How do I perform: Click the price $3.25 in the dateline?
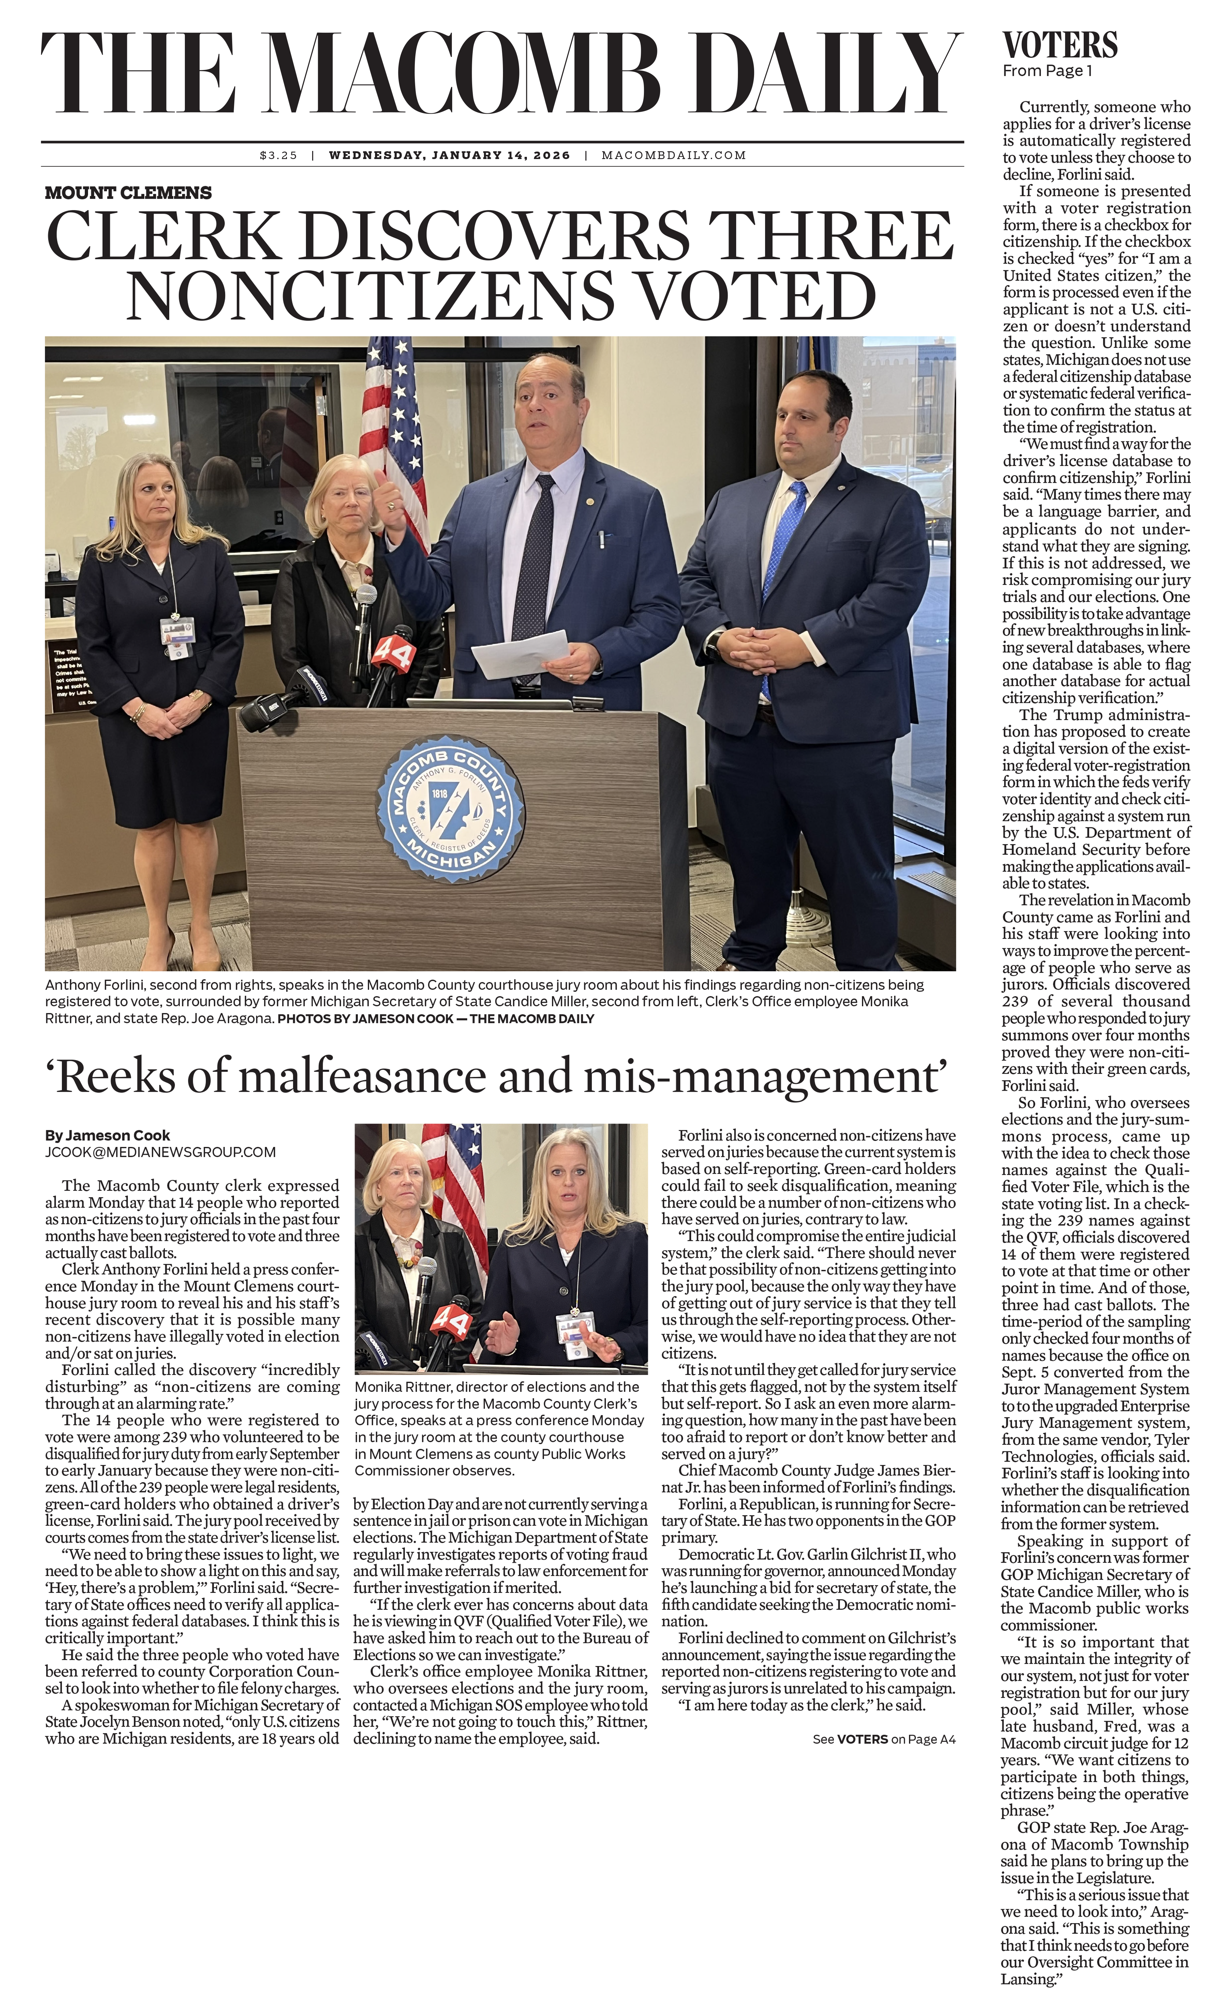point(278,155)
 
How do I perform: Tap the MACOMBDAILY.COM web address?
point(673,155)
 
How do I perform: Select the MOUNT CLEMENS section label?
point(128,193)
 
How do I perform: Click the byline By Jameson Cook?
point(108,1135)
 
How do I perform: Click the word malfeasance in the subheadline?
point(362,1076)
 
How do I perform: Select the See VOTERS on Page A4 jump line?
point(883,1739)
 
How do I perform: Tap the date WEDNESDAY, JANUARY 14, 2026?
point(449,155)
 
